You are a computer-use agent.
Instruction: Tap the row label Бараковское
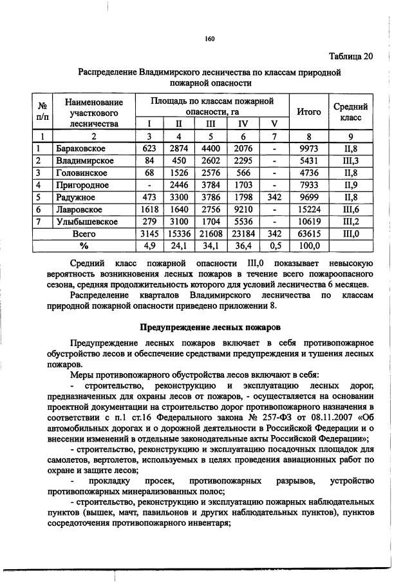pos(80,148)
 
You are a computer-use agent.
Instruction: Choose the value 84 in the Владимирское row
pos(149,160)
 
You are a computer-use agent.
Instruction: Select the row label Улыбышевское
pos(86,222)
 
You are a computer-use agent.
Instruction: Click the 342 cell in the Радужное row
pos(274,197)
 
